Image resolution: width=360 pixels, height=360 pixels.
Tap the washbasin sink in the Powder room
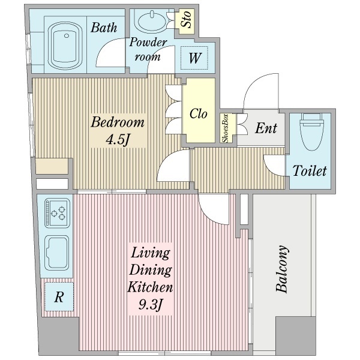tap(152, 22)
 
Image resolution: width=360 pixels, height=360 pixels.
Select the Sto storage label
tap(186, 20)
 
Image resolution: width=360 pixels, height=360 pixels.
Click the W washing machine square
tap(194, 58)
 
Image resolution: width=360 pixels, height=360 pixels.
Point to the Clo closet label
tap(199, 113)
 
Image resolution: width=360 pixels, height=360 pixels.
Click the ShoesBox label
tap(225, 128)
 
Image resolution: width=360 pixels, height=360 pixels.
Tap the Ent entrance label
tap(266, 128)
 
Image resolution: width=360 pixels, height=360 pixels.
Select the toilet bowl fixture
tap(311, 131)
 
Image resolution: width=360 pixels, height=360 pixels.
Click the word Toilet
tap(310, 170)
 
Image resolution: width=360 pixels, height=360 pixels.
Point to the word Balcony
tap(281, 269)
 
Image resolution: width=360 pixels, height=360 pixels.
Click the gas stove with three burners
tap(57, 213)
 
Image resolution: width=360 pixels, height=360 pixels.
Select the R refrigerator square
tap(59, 296)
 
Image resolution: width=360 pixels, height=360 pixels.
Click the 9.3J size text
tap(151, 304)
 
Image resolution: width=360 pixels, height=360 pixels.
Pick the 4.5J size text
tap(118, 139)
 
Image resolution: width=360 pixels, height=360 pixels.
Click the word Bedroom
tap(118, 122)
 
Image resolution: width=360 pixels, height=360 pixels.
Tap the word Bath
tap(104, 28)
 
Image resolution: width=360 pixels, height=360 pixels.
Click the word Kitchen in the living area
tap(150, 287)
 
